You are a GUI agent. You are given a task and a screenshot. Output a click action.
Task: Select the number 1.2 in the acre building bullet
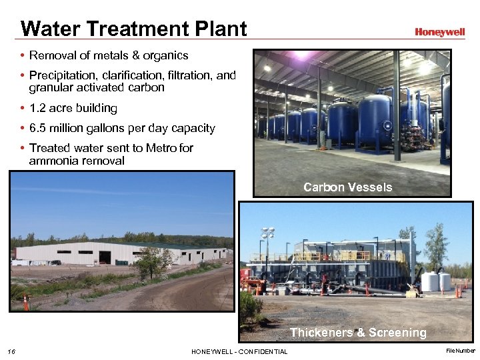click(x=39, y=108)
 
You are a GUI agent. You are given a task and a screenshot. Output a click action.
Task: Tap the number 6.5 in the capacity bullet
click(x=39, y=128)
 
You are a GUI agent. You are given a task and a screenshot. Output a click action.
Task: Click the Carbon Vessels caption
click(x=347, y=187)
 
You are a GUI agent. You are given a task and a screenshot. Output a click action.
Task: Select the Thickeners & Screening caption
click(x=358, y=332)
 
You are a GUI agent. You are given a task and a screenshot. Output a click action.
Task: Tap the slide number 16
click(x=11, y=351)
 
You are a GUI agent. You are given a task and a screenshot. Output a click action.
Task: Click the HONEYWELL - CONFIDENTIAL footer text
click(x=239, y=351)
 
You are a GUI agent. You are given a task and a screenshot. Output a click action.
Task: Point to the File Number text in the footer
click(x=461, y=351)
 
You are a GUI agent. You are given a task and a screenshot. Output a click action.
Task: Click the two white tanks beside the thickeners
click(x=437, y=281)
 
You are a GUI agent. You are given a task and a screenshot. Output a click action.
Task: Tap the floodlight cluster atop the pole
click(x=268, y=233)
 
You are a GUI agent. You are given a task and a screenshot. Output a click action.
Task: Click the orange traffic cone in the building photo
click(x=26, y=301)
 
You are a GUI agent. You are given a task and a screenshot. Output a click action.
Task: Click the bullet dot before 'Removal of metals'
click(x=23, y=56)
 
